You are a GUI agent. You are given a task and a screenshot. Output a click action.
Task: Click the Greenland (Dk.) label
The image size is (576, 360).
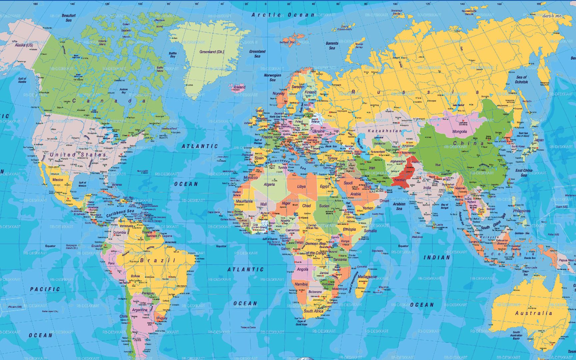point(212,52)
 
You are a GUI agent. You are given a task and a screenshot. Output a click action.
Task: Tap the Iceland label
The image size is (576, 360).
point(239,87)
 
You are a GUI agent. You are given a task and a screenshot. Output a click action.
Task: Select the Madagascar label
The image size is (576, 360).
point(368,277)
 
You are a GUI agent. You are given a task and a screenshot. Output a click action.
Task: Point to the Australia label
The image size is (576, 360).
point(534,313)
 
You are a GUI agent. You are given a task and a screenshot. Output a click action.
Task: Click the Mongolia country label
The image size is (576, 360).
point(459,131)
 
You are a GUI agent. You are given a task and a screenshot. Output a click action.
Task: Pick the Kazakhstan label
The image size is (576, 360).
point(385,131)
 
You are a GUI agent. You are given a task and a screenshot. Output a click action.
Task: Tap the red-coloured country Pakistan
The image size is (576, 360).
point(404,175)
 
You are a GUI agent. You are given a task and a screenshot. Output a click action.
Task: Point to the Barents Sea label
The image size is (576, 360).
point(332,46)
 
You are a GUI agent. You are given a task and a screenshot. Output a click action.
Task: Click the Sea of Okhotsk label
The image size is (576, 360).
point(521,79)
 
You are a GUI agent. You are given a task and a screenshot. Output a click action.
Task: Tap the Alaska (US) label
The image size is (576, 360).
point(24,45)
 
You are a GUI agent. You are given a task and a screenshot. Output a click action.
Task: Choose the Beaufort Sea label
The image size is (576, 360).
point(69,18)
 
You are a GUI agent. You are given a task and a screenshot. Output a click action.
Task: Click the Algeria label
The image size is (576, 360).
point(269,184)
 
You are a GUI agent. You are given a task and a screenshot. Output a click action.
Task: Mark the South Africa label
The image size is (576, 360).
point(313,311)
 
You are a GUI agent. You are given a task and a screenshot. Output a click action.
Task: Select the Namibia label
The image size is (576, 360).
point(301,284)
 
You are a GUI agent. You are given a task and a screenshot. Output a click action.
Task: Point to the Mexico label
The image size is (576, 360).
point(58,180)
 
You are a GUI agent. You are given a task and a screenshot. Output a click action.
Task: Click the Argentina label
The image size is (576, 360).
point(140,310)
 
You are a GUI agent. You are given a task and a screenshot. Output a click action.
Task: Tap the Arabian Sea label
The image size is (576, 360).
point(399,206)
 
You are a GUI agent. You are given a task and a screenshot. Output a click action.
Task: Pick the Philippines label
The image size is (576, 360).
point(522,211)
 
